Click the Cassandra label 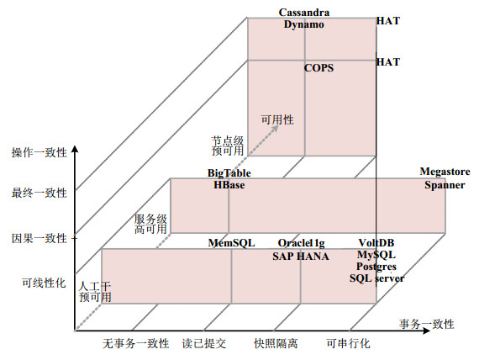(x=304, y=13)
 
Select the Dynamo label (x=303, y=24)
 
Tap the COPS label (x=318, y=68)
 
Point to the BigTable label (x=229, y=173)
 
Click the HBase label (x=229, y=185)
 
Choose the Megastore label (x=445, y=172)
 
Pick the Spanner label (x=445, y=185)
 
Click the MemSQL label (x=231, y=243)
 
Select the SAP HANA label (x=301, y=256)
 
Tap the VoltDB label (x=376, y=243)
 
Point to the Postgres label (x=376, y=267)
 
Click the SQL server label (x=377, y=278)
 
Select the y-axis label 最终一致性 (x=39, y=193)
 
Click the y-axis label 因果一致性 (x=39, y=238)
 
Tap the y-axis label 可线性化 (x=44, y=283)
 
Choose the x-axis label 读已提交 (x=204, y=343)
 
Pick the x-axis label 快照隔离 (x=276, y=343)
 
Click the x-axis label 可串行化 (x=348, y=343)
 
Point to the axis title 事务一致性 (x=426, y=324)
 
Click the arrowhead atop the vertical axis (x=75, y=149)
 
